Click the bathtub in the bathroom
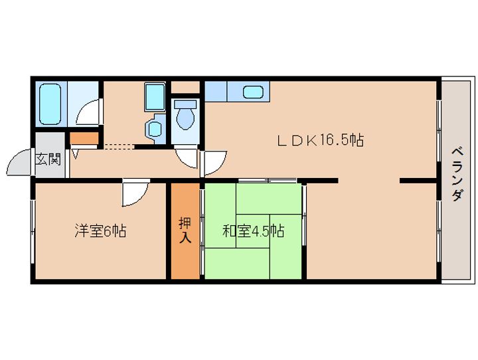50,104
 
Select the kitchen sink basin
252,92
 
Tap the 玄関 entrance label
48,159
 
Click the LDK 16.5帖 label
320,140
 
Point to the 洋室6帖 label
100,231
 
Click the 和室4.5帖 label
253,231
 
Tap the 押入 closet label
185,230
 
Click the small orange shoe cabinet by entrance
84,139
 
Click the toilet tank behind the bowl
185,104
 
